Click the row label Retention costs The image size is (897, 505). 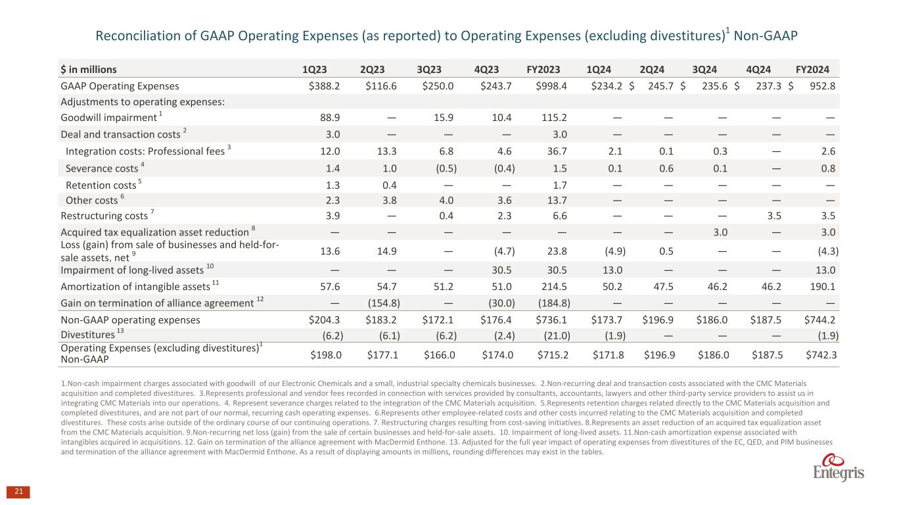[x=99, y=185]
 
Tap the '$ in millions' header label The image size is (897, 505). [x=89, y=69]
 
